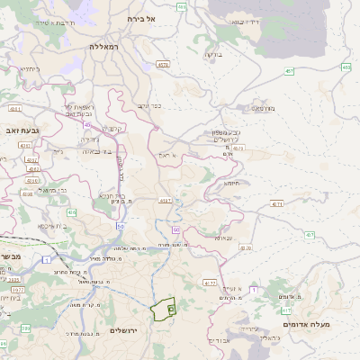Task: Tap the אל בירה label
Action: click(x=142, y=18)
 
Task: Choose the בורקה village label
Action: click(x=213, y=55)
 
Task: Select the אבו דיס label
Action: click(x=219, y=340)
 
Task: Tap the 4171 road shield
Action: click(x=276, y=205)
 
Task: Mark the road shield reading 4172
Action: click(x=209, y=283)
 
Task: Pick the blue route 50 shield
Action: click(x=120, y=226)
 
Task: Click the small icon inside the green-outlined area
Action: click(x=170, y=308)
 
